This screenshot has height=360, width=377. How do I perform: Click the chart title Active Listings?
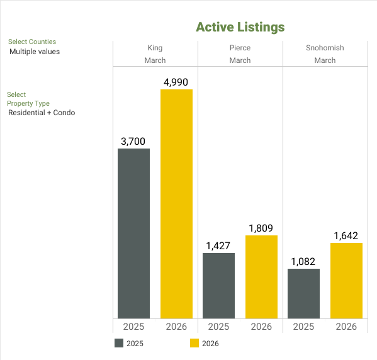[x=240, y=27]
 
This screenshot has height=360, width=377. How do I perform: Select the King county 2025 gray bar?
[x=133, y=233]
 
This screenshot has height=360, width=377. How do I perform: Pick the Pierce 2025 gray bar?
[x=218, y=286]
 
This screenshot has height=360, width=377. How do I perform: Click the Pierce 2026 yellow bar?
[x=261, y=277]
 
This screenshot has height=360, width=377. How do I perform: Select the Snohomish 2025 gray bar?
[x=303, y=293]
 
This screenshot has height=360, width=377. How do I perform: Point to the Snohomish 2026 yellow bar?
[x=346, y=281]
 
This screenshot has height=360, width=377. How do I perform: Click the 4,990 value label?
[x=176, y=82]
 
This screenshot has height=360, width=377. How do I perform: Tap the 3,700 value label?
[x=133, y=142]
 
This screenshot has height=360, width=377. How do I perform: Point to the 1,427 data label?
[x=218, y=246]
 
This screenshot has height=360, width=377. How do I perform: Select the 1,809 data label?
[x=261, y=228]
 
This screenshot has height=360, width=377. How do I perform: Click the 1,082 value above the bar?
[x=303, y=262]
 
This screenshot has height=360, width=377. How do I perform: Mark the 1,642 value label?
[x=346, y=236]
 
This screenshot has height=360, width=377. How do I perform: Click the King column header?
[x=155, y=48]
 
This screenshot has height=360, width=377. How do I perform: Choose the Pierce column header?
[x=240, y=48]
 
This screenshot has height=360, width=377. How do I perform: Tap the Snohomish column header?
[x=325, y=48]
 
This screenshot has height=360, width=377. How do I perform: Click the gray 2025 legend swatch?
[x=119, y=344]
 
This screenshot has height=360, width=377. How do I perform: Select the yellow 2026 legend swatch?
[x=194, y=344]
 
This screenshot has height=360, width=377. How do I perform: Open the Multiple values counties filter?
[x=35, y=52]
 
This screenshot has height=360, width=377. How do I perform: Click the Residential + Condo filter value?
[x=42, y=113]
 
